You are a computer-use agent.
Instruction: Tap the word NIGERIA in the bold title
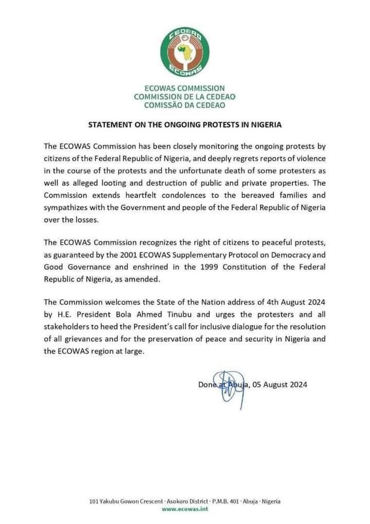point(268,125)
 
